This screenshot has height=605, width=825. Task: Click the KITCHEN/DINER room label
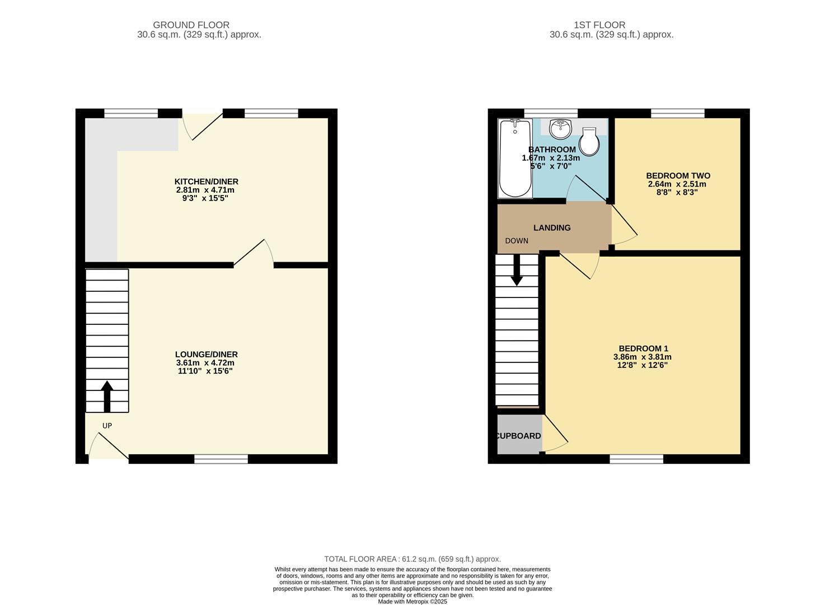[x=206, y=182]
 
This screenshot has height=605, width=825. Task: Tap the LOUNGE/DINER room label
[x=206, y=354]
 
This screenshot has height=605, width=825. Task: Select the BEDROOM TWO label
[x=677, y=176]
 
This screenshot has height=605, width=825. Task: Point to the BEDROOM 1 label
[x=643, y=348]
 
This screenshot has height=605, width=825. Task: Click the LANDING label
[x=552, y=228]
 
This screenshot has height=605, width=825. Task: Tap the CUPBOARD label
[x=519, y=436]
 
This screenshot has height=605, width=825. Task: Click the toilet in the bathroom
[x=589, y=142]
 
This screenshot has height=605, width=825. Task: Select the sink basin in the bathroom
[x=560, y=129]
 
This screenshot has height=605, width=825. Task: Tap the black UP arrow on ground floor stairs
[x=106, y=396]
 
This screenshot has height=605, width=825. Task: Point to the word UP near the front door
[x=107, y=426]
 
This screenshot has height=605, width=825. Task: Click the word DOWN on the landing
[x=516, y=241]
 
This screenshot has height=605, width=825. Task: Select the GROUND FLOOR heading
[x=191, y=25]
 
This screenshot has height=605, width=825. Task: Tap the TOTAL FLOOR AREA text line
[x=412, y=559]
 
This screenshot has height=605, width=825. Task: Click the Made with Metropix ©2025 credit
[x=412, y=602]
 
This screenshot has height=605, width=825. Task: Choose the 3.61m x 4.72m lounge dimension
[x=205, y=362]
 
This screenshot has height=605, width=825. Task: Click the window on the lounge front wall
[x=221, y=459]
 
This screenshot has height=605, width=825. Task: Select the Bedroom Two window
[x=677, y=113]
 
